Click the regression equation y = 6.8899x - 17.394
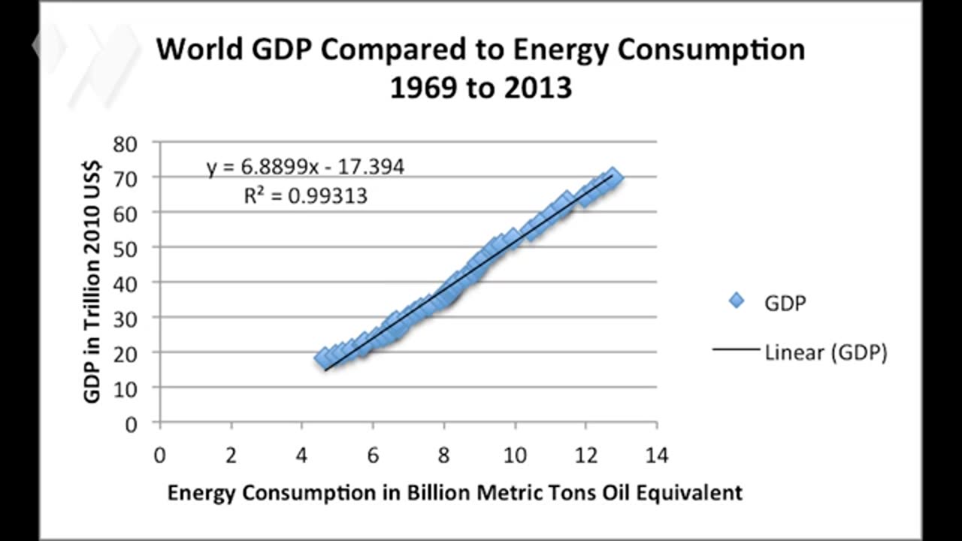[x=305, y=167]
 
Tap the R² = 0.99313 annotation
[x=305, y=196]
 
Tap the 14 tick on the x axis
[x=656, y=455]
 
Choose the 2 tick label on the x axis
[x=231, y=455]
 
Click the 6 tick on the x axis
[x=373, y=455]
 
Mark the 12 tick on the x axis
[x=585, y=455]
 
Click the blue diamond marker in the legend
[x=737, y=301]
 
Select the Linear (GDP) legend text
[x=826, y=352]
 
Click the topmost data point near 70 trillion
[x=613, y=177]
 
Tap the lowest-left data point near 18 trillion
[x=323, y=357]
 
